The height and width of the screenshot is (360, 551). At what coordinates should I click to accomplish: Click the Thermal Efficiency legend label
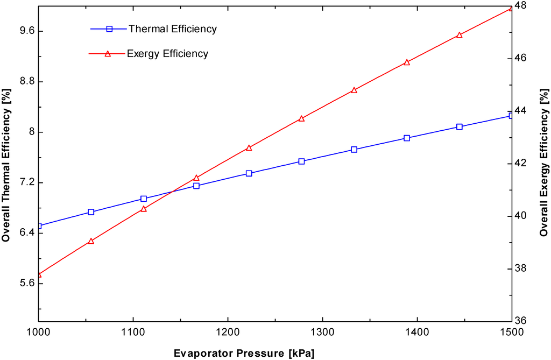(x=172, y=29)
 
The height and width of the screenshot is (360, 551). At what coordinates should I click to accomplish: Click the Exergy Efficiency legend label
(x=167, y=53)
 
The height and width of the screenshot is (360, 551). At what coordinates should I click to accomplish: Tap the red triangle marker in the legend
(x=107, y=53)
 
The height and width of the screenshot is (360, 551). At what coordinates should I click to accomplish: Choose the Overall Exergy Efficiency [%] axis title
(x=544, y=163)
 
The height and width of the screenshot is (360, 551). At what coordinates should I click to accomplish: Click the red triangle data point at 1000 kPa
(x=38, y=274)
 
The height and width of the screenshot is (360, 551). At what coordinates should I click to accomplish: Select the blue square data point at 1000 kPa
(x=38, y=225)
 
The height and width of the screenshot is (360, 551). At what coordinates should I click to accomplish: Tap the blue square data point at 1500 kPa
(x=511, y=116)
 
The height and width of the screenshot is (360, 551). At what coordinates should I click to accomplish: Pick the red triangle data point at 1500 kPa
(x=511, y=8)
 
